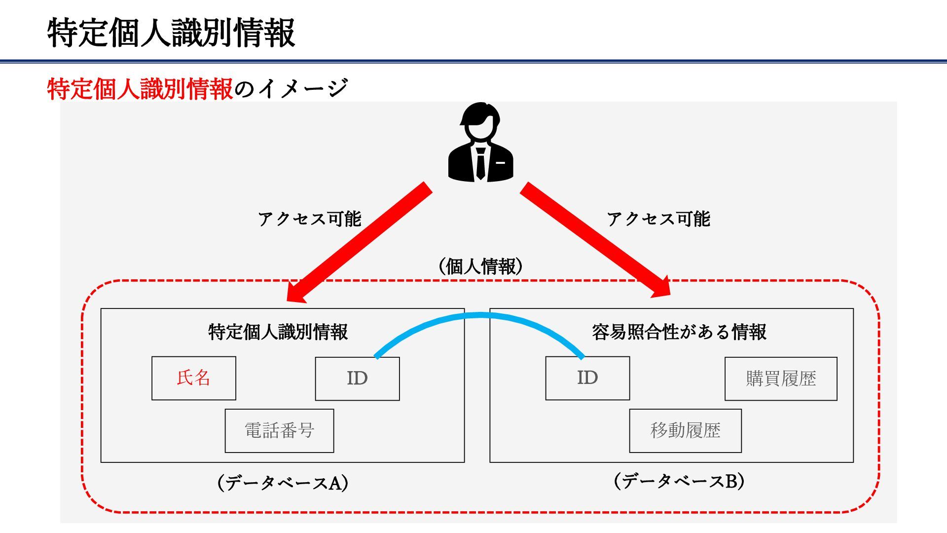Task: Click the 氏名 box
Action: tap(194, 378)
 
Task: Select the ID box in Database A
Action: tap(357, 379)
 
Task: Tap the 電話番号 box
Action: tap(279, 430)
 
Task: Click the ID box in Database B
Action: tap(587, 378)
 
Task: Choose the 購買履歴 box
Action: tap(781, 379)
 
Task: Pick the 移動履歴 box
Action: tap(685, 430)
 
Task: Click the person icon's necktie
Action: tap(480, 163)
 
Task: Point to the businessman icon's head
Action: tap(480, 121)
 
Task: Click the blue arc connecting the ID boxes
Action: tap(478, 316)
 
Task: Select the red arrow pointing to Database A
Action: tap(360, 242)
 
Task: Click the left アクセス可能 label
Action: tap(310, 219)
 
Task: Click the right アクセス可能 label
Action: tap(658, 219)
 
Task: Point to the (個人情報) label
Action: tap(480, 266)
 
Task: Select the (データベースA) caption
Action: tap(283, 482)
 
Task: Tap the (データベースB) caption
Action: tap(679, 481)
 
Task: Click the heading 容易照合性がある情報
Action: tap(679, 332)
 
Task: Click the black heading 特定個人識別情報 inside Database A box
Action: tap(278, 332)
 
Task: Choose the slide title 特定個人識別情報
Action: tap(171, 33)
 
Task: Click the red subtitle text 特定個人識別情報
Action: tap(140, 89)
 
